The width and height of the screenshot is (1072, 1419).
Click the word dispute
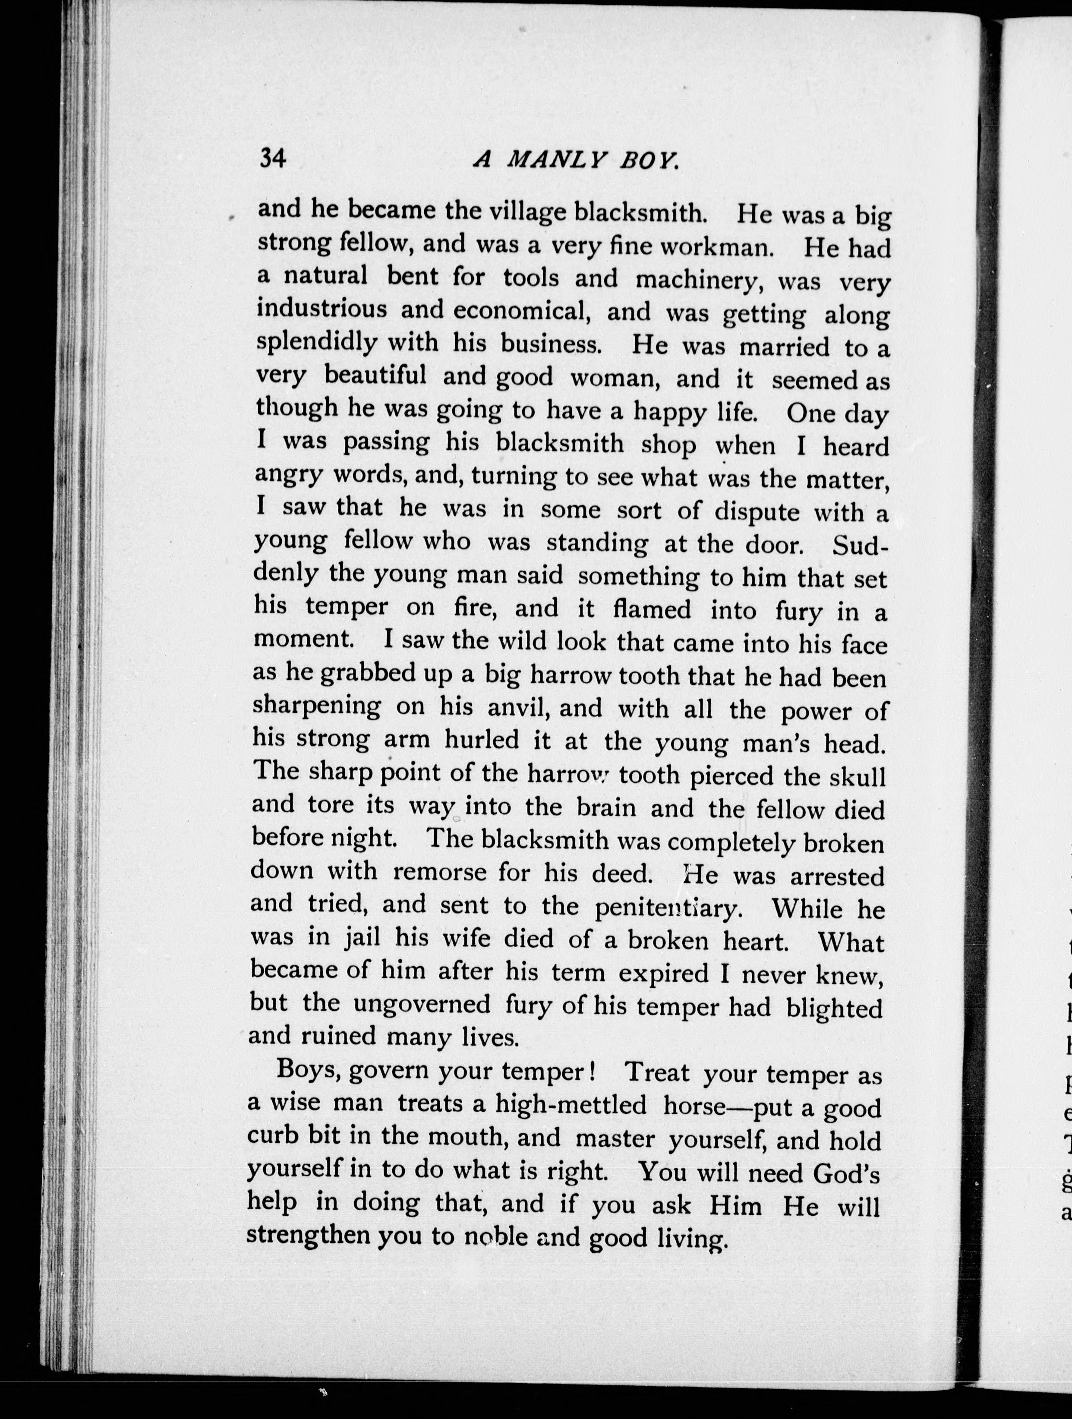(x=757, y=512)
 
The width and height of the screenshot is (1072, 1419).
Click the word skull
(x=858, y=777)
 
